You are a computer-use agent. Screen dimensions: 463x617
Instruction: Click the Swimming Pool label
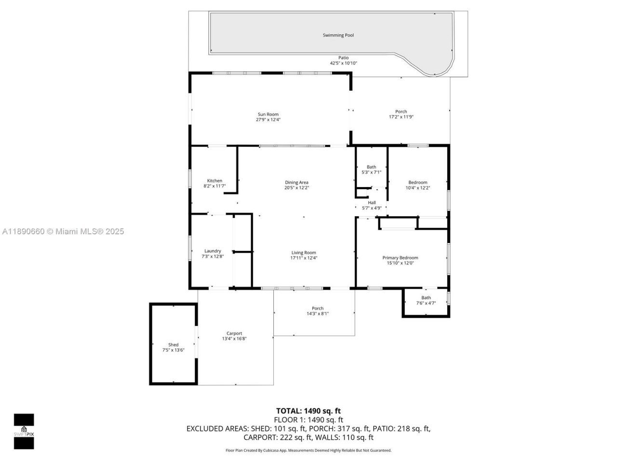(338, 35)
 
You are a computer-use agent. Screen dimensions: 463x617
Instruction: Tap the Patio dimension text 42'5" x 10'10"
(343, 63)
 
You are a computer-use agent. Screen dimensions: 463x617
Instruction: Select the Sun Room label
(268, 114)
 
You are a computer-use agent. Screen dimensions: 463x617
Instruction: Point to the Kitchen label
(215, 181)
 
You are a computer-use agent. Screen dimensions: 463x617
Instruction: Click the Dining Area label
(296, 182)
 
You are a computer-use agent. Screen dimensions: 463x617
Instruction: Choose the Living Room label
(303, 253)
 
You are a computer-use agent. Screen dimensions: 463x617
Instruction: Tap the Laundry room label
(213, 251)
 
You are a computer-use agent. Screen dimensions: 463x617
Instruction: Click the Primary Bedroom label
(400, 258)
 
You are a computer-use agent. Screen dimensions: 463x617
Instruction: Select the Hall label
(372, 203)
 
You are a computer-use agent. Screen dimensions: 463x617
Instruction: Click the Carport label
(234, 333)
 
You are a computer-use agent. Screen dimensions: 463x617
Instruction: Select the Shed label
(173, 345)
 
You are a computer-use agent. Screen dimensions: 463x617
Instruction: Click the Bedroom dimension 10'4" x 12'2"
(417, 188)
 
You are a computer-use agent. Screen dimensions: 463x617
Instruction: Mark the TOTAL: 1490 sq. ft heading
(308, 411)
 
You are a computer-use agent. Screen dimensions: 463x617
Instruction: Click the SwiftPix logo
(24, 431)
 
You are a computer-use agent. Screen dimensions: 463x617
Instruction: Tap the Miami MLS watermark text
(63, 231)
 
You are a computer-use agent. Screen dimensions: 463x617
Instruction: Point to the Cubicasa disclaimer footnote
(308, 450)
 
